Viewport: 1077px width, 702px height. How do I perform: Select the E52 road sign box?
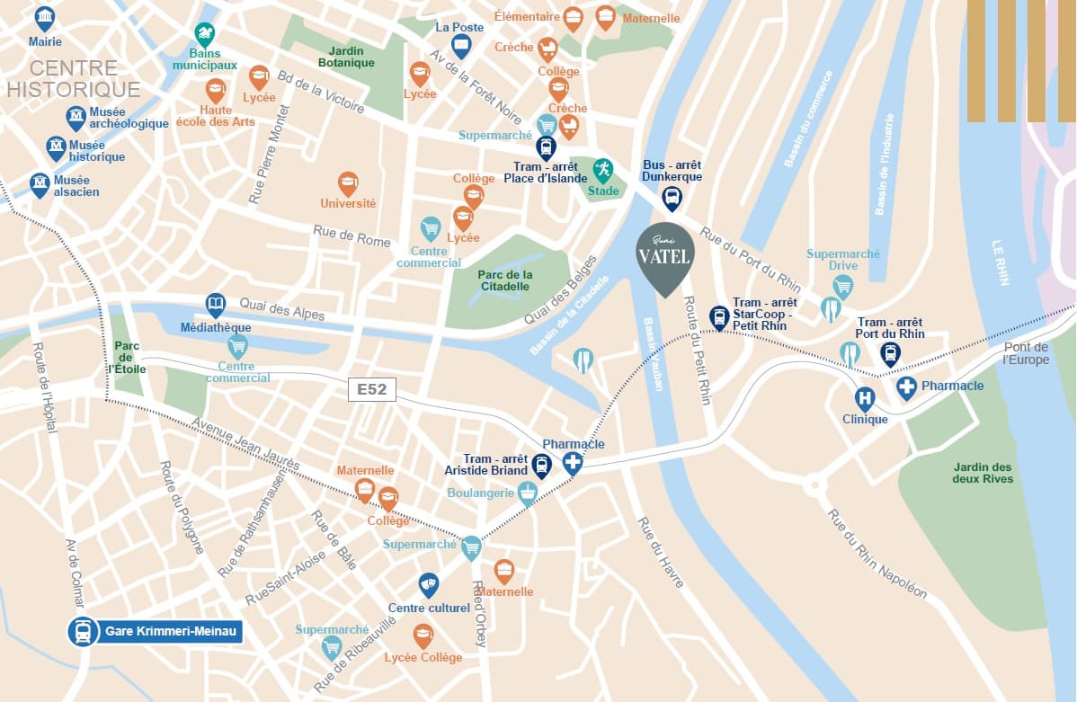coord(371,390)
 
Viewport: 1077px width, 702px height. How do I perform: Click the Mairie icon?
coord(44,17)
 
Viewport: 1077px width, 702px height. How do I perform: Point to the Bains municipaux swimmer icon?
coord(205,36)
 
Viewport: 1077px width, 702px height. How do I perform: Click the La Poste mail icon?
coord(461,46)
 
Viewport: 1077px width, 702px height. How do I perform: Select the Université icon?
coord(348,183)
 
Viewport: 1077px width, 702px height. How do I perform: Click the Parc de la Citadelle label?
coord(505,280)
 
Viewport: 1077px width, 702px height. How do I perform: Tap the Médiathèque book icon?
coord(216,304)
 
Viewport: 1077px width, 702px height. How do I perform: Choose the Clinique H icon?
coord(864,397)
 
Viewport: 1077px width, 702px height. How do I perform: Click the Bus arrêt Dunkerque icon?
coord(672,198)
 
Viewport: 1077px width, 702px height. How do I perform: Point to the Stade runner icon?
coord(602,168)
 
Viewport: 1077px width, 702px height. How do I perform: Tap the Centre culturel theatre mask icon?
coord(429,584)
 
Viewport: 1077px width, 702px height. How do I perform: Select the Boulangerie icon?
coord(528,491)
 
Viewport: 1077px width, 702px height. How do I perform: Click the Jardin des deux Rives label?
coord(983,473)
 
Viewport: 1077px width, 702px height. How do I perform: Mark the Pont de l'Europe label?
coord(1026,353)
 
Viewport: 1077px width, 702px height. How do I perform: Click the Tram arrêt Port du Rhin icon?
coord(890,353)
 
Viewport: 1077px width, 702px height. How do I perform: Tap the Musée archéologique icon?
coord(76,117)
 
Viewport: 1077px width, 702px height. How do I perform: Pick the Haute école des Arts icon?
coord(216,90)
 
